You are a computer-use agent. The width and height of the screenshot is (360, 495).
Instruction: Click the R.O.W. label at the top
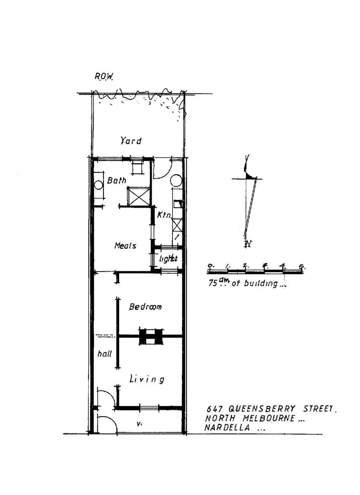click(x=104, y=77)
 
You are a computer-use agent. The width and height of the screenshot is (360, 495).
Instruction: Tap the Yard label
click(x=131, y=141)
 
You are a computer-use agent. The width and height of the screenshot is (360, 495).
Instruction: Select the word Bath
click(x=116, y=181)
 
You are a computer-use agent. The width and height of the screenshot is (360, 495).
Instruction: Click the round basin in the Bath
click(x=98, y=186)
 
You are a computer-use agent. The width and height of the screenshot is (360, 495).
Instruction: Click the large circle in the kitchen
click(x=176, y=180)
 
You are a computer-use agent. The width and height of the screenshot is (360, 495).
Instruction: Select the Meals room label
click(x=125, y=246)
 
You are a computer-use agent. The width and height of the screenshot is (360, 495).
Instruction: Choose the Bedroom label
click(x=145, y=307)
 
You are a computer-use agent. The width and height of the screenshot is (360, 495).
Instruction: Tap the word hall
click(x=105, y=354)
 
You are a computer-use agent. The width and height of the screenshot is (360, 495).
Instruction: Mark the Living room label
click(x=147, y=379)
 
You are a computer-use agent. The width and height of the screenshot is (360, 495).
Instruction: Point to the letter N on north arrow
click(x=248, y=243)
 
